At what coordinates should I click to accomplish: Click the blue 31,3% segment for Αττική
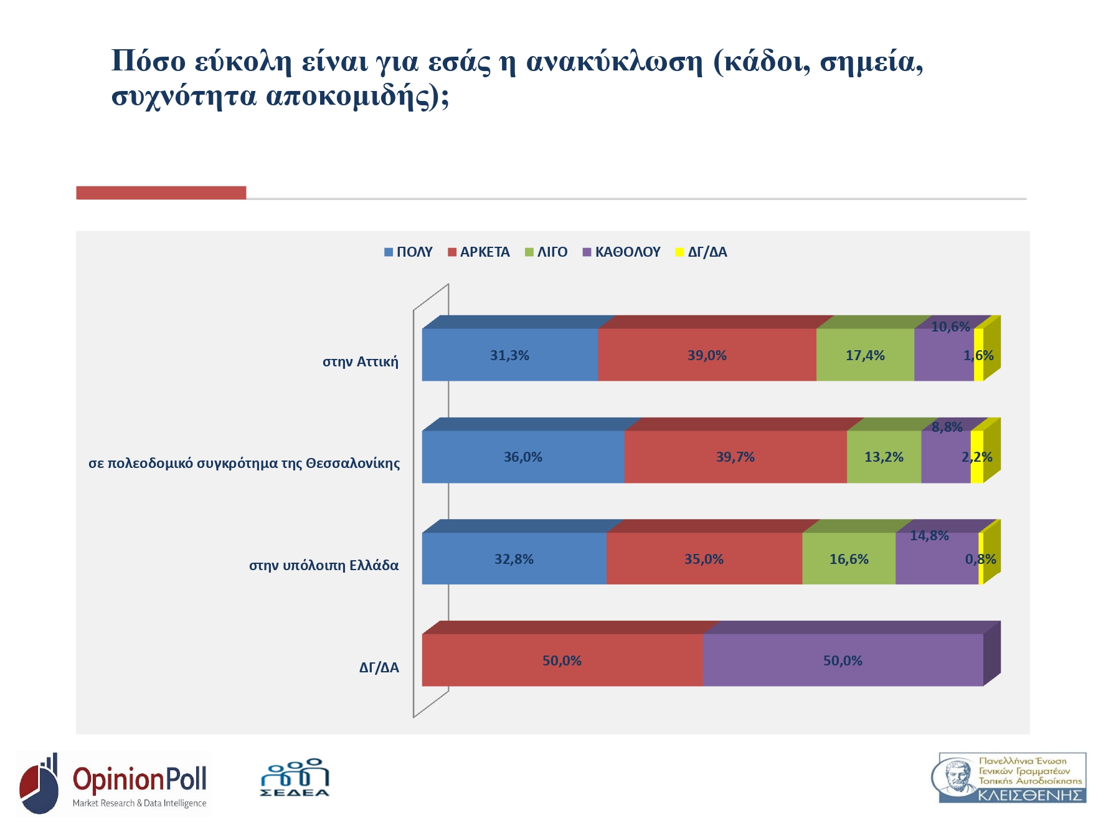(x=509, y=355)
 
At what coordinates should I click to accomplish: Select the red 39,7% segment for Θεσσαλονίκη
(x=735, y=457)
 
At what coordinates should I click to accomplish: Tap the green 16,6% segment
(x=848, y=559)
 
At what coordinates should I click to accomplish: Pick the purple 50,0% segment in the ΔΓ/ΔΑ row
(x=843, y=661)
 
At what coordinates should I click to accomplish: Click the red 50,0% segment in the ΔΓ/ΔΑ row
(x=562, y=661)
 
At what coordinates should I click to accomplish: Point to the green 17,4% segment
(x=865, y=355)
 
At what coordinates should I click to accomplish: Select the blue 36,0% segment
(x=522, y=457)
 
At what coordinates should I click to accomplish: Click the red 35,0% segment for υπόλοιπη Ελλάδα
(x=704, y=559)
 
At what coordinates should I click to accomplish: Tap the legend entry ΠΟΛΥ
(x=409, y=252)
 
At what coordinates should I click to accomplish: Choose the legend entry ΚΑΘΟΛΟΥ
(x=622, y=252)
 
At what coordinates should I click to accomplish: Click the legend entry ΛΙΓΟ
(x=546, y=252)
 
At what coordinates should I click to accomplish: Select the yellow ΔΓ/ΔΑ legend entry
(x=702, y=252)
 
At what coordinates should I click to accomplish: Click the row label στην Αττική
(x=360, y=362)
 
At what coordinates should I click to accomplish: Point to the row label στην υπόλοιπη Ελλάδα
(x=324, y=566)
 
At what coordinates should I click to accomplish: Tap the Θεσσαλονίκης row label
(x=244, y=464)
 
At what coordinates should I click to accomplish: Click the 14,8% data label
(x=929, y=536)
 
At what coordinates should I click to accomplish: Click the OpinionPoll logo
(x=114, y=784)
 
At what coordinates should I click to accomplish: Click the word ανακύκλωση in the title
(x=614, y=62)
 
